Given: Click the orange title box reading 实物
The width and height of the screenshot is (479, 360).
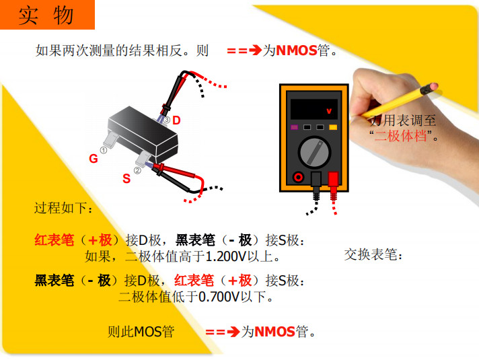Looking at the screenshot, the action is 47,15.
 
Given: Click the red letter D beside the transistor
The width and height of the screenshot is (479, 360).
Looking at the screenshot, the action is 176,120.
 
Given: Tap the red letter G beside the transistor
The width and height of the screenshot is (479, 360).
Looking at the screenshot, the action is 94,158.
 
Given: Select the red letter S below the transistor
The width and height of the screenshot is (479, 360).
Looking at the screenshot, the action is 126,178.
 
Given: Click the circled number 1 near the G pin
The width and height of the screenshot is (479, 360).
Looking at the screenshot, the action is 104,150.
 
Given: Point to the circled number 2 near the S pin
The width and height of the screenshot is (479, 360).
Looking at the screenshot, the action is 137,170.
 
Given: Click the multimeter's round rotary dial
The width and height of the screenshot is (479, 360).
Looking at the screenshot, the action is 314,152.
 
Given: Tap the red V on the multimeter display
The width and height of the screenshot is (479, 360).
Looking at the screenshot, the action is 329,111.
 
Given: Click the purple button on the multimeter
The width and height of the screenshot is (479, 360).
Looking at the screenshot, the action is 294,127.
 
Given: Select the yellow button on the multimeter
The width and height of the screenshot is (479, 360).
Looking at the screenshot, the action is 333,127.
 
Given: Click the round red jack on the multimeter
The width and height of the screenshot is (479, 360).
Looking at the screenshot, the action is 298,177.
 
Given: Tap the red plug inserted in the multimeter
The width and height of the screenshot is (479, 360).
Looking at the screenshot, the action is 333,180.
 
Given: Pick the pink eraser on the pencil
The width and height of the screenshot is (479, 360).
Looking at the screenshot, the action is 433,87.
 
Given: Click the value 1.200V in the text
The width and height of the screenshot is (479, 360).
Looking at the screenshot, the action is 226,256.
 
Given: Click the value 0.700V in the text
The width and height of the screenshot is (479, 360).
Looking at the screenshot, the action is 219,297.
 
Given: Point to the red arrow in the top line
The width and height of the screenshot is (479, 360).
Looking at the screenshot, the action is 244,50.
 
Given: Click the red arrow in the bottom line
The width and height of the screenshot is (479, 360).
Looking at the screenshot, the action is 223,332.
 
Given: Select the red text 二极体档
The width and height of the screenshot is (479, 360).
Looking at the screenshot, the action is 401,136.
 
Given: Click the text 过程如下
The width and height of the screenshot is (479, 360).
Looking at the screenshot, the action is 63,208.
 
